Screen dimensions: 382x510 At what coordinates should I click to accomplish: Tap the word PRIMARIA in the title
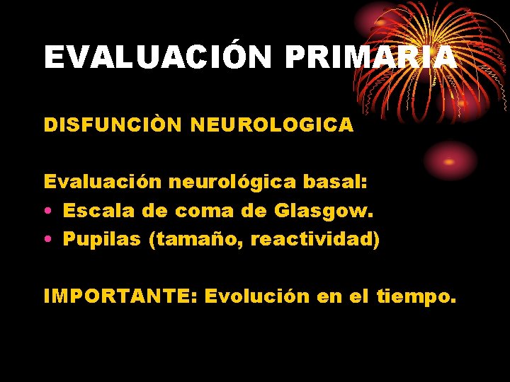[370, 57]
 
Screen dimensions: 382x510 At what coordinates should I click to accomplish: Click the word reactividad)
[315, 240]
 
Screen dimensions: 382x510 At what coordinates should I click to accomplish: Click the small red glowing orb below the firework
[448, 160]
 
